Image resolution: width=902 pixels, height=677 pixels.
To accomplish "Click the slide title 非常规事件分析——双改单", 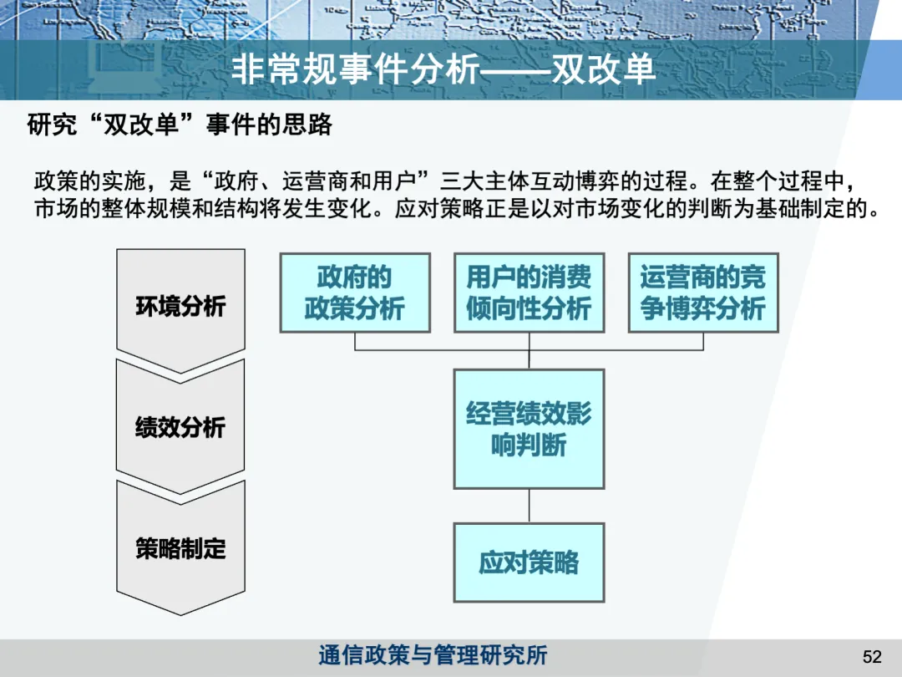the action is (443, 70).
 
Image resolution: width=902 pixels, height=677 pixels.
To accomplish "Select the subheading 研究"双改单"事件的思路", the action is (180, 125).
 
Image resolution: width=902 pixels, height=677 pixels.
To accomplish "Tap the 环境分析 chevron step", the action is (180, 306).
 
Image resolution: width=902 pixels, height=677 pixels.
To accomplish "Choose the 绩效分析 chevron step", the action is (180, 427).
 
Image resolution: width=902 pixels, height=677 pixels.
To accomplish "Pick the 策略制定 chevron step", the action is (180, 548).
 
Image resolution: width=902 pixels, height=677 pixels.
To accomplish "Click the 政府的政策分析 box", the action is (355, 293).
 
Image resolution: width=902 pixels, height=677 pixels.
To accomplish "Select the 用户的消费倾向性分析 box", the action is (529, 293).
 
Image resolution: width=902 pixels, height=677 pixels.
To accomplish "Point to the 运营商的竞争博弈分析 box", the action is (703, 293).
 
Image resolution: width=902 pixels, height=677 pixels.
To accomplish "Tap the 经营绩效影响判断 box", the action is (529, 429).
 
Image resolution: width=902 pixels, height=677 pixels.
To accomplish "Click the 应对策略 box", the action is (529, 562).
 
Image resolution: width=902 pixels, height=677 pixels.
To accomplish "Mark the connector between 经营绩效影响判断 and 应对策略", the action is (529, 506).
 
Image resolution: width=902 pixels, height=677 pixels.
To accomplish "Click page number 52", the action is (872, 657).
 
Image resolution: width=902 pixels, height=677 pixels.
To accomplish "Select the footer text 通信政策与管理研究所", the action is (433, 655).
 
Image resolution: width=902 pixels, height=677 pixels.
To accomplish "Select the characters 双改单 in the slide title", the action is (604, 70).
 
